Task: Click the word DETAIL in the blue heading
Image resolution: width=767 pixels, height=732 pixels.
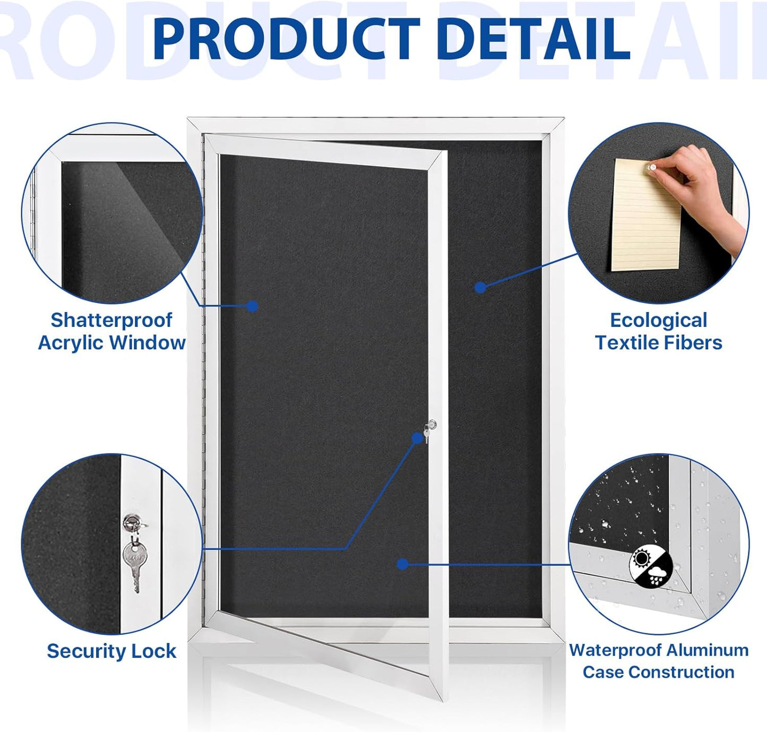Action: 536,39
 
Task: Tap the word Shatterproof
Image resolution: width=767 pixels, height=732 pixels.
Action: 111,320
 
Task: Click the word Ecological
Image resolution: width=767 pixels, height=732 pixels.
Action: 658,320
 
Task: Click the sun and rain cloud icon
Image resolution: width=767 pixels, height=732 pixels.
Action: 651,567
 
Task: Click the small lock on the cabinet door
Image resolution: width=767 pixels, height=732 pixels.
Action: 431,425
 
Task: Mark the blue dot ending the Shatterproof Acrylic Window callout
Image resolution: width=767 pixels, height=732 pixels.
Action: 253,306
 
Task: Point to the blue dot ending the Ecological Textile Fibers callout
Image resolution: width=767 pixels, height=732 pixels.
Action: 480,288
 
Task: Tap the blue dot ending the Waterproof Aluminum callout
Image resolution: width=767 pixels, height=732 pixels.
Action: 403,564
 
